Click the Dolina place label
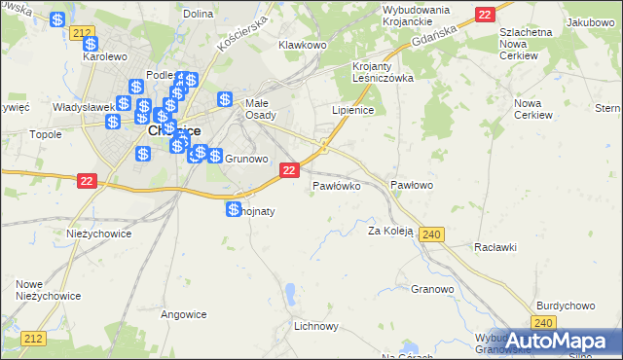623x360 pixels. (198, 14)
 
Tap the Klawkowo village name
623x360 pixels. (302, 45)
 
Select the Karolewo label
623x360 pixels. (106, 55)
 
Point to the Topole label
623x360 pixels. (47, 135)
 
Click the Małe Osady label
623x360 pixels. (258, 107)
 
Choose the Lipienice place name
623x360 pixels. (352, 111)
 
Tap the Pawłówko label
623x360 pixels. (337, 184)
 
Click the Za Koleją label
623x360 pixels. (390, 231)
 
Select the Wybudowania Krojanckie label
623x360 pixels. (402, 16)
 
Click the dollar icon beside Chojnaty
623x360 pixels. (234, 209)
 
